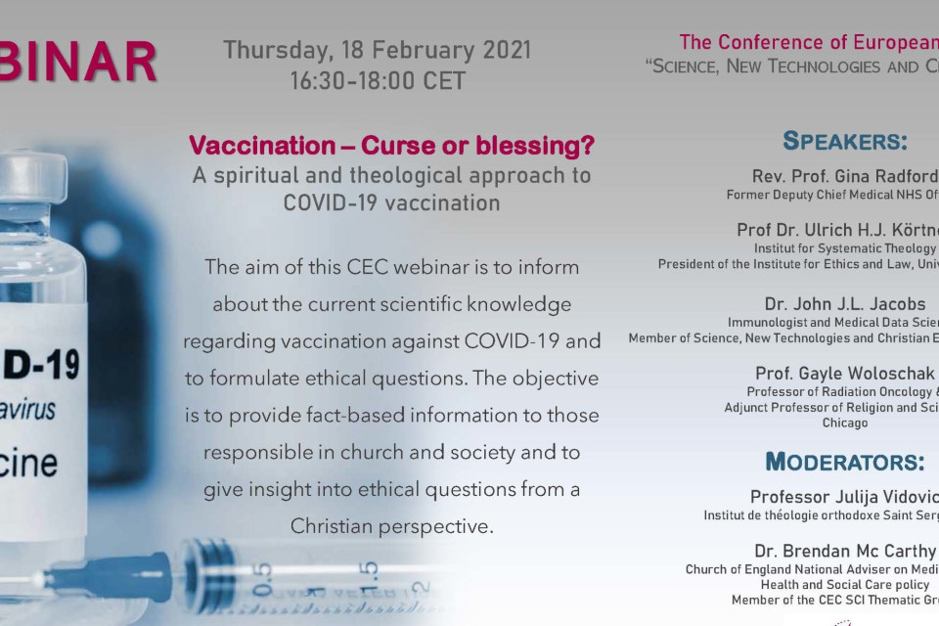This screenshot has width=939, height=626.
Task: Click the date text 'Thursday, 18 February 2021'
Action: (377, 50)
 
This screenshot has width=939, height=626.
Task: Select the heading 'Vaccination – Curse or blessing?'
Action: (391, 147)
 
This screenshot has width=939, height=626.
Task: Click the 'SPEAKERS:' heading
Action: (845, 141)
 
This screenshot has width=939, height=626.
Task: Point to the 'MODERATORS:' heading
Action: (845, 462)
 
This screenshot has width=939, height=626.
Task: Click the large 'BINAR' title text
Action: (78, 63)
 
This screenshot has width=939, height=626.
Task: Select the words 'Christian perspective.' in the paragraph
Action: (391, 526)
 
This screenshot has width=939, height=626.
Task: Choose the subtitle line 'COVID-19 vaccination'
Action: (391, 202)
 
